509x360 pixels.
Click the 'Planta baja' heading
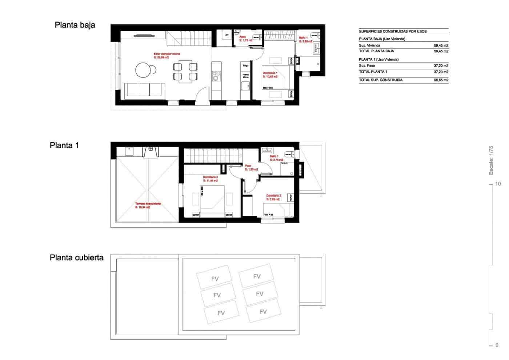tap(75, 25)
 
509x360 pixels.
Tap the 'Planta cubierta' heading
tap(76, 258)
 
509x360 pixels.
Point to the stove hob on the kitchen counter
tap(216, 77)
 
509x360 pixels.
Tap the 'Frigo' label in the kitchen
tap(246, 66)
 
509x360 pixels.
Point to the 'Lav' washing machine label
tap(227, 35)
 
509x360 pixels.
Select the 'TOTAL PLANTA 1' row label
tap(373, 72)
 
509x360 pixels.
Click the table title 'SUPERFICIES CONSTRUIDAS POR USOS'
tap(393, 31)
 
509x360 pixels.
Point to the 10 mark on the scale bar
tap(498, 184)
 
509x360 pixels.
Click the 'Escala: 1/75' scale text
tap(491, 160)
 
